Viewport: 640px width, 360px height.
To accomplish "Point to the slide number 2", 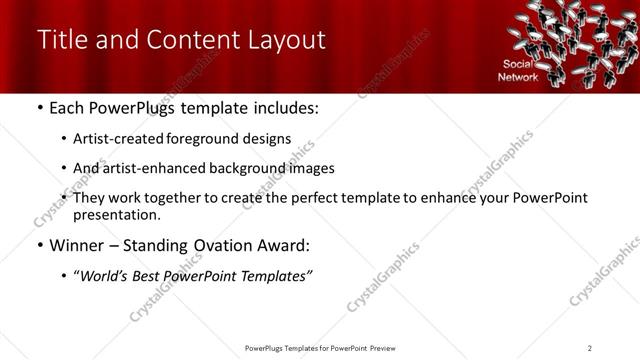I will tap(590, 347).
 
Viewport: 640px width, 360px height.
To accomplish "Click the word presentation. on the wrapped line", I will tap(117, 215).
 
